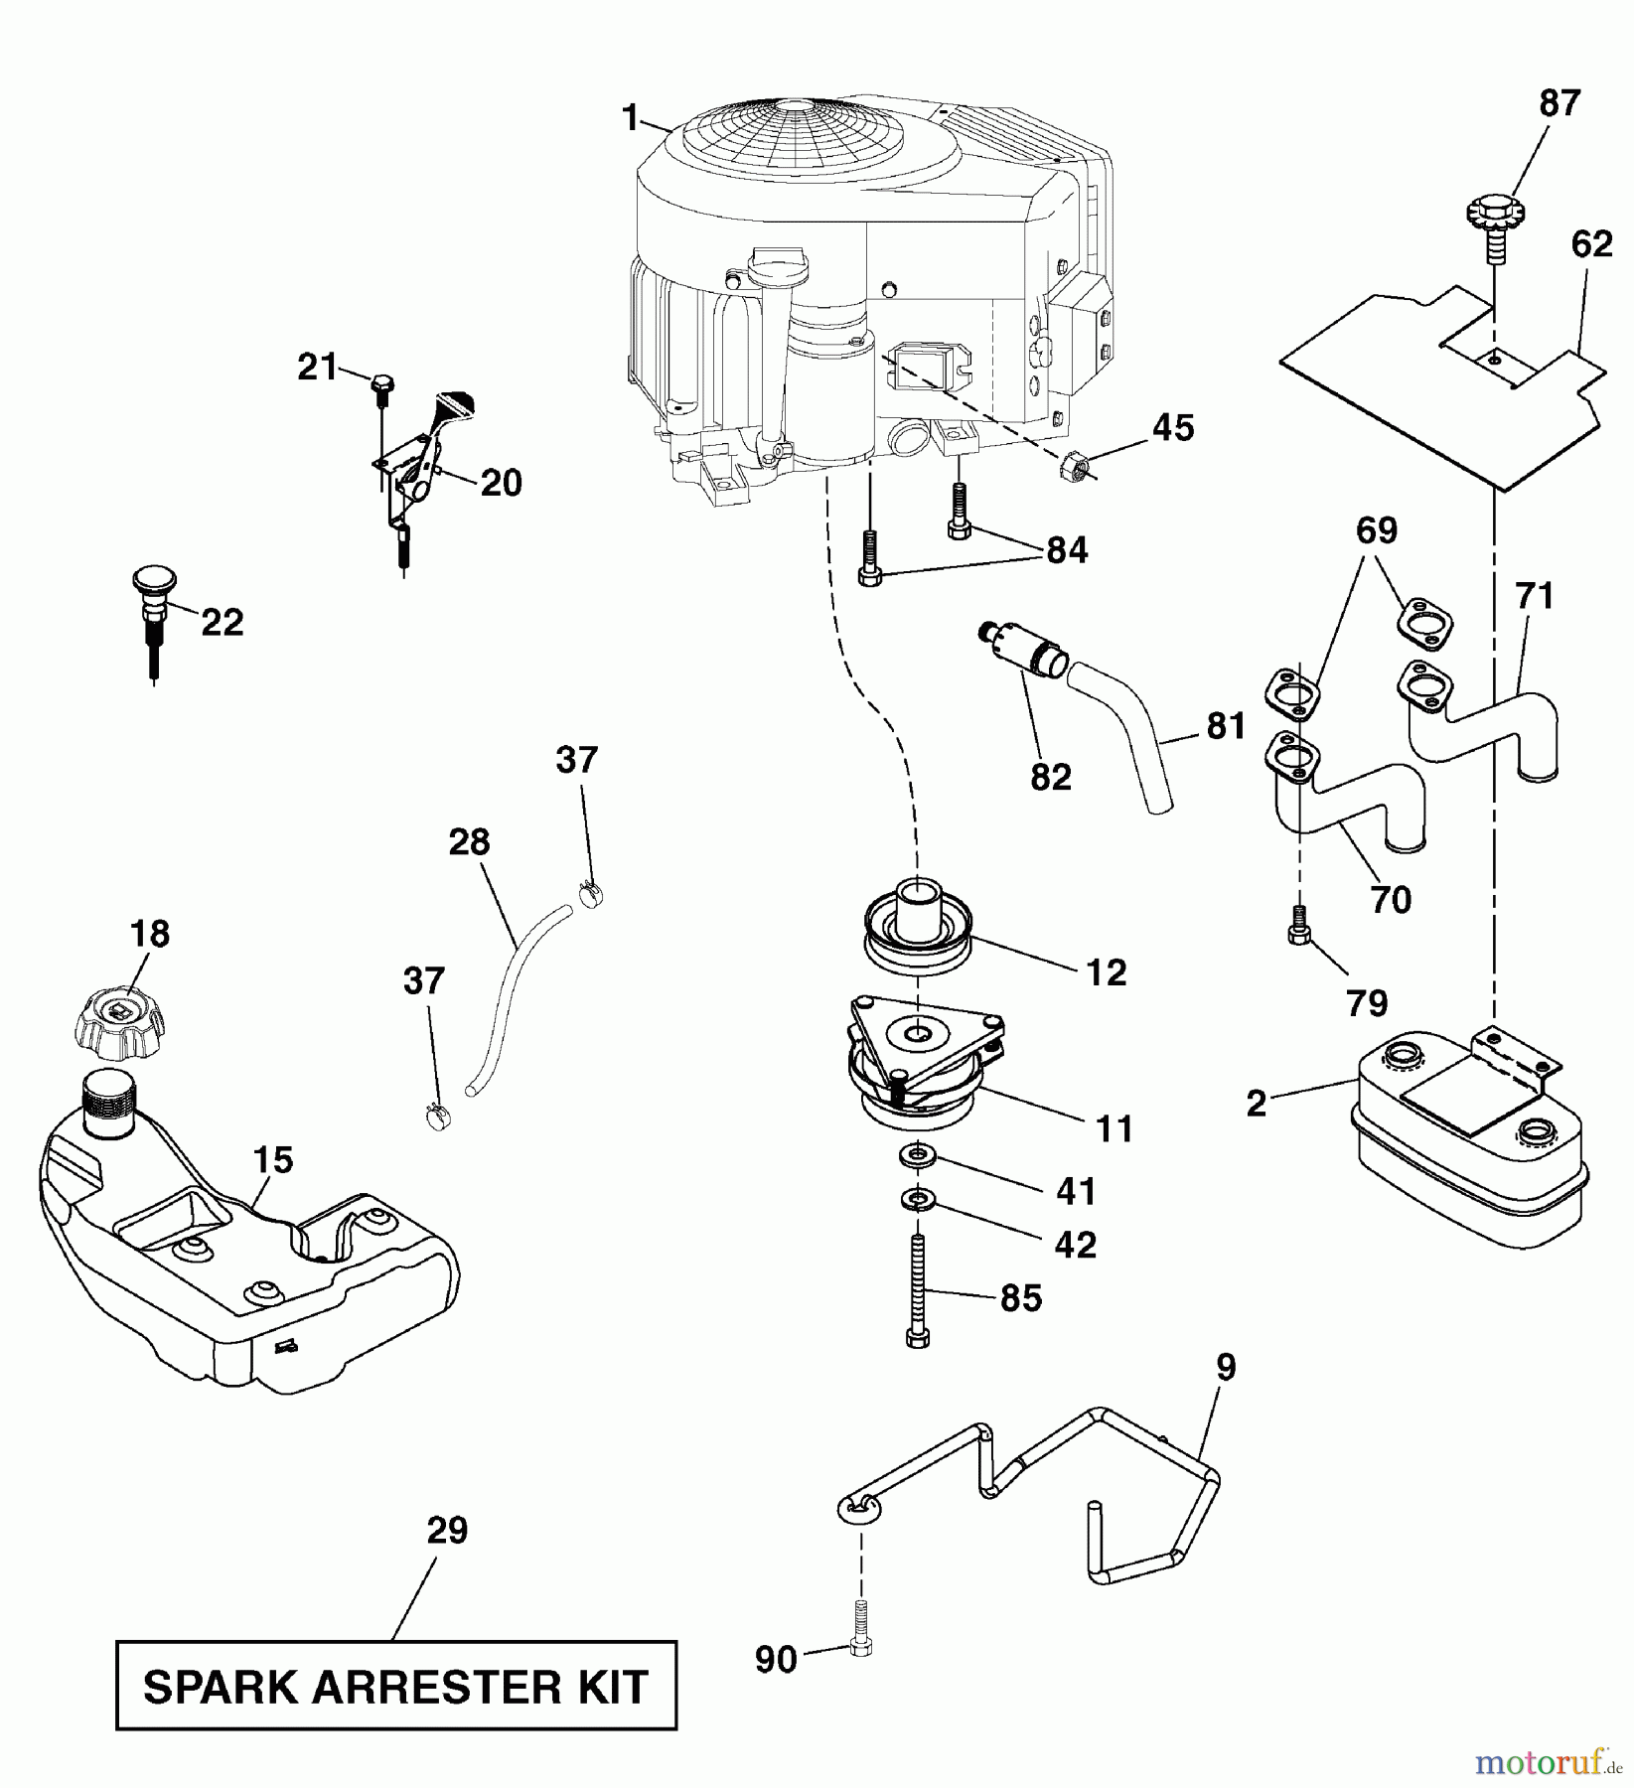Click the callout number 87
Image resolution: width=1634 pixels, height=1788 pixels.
pos(1559,103)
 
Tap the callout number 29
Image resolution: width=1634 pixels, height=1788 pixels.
pos(447,1531)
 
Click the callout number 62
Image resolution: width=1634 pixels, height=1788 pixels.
pos(1592,243)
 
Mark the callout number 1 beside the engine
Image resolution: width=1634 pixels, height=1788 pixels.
pos(630,119)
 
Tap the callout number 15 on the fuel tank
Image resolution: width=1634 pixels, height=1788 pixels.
pos(273,1159)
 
